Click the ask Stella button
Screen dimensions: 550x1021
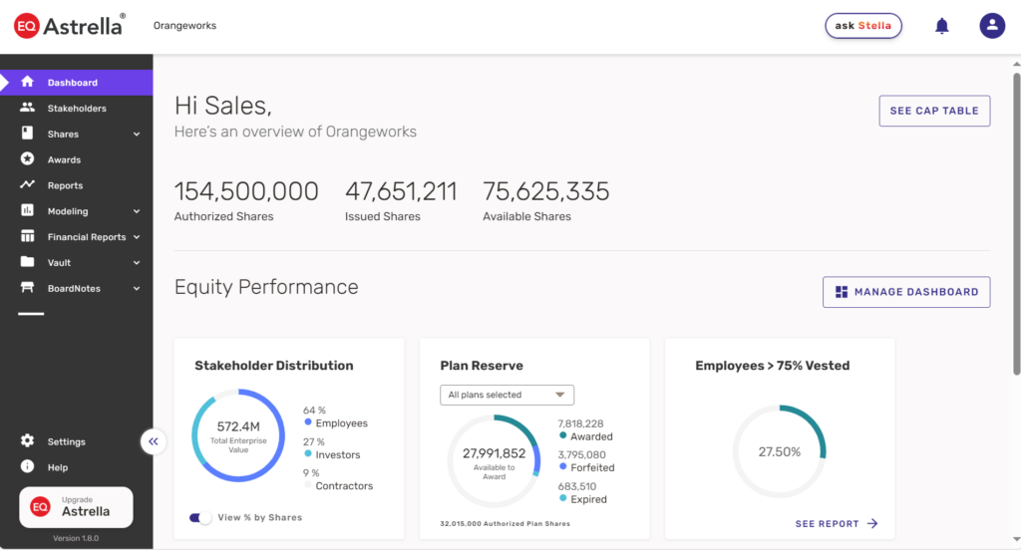[x=862, y=26]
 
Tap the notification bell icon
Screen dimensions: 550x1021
[x=941, y=26]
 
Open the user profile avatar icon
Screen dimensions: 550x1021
[x=991, y=26]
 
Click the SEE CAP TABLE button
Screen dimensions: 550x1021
[x=934, y=111]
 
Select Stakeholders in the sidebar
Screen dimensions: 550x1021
[x=76, y=109]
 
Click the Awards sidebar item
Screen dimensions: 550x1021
[x=64, y=159]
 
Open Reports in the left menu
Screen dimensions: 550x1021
[x=65, y=185]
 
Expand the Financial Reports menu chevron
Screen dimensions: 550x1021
[x=137, y=237]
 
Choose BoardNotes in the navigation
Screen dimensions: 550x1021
[x=74, y=289]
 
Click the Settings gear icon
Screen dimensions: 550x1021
[x=27, y=441]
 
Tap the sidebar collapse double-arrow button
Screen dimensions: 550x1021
[x=153, y=440]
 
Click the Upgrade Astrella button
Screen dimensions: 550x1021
[x=76, y=507]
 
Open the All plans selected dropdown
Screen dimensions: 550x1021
[x=507, y=395]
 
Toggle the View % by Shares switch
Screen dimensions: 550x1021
[x=200, y=517]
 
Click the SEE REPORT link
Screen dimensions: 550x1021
[x=836, y=523]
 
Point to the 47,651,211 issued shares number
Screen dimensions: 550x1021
[x=401, y=191]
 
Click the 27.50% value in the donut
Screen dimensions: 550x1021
[x=779, y=451]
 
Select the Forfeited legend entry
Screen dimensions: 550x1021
[x=591, y=467]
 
